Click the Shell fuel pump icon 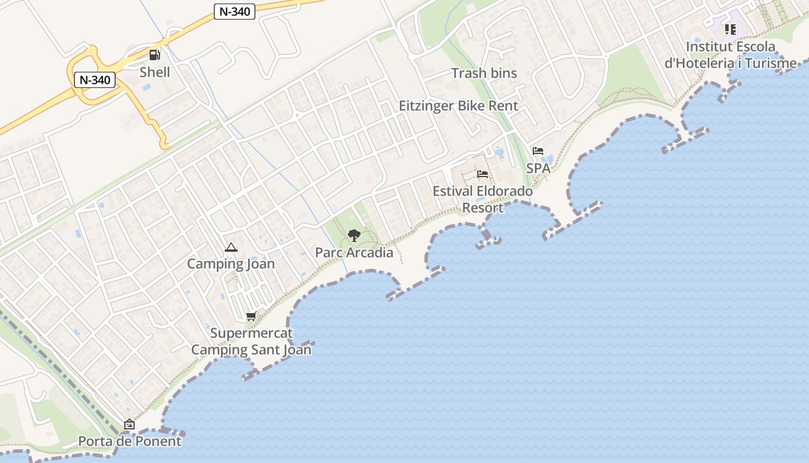coord(154,55)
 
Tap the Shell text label coord(155,72)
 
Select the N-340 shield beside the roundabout coord(95,80)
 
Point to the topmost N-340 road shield coord(235,12)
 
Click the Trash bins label coord(484,74)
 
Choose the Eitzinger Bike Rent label coord(459,106)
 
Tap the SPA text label coord(538,168)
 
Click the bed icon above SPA coord(538,151)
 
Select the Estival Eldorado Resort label coord(483,199)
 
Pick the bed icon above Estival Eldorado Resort coord(483,174)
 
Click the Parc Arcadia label coord(354,252)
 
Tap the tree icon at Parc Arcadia coord(354,235)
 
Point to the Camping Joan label coord(231,264)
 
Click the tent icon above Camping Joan coord(231,248)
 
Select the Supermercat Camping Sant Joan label coord(251,341)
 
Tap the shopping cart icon coord(251,316)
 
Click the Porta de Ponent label coord(129,441)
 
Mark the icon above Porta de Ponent coord(129,424)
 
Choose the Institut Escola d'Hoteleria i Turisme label coord(730,55)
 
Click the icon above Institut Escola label coord(730,29)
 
